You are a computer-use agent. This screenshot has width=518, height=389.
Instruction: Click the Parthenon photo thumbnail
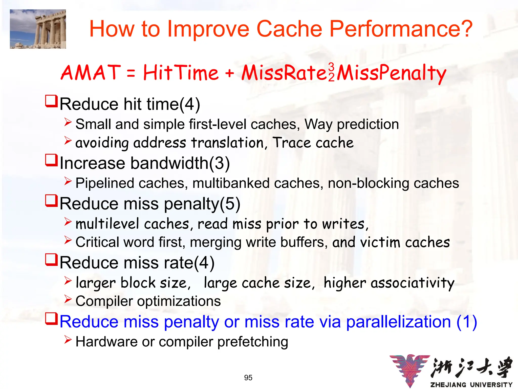point(38,29)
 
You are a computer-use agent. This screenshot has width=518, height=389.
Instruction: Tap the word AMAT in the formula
point(91,73)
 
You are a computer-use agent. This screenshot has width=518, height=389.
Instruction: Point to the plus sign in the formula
point(229,73)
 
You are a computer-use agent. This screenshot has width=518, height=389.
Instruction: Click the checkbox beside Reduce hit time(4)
point(51,101)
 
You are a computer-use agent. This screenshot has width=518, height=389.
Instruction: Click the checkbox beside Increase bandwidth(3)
point(51,160)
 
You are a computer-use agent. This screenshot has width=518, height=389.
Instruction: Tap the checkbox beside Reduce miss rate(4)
point(51,260)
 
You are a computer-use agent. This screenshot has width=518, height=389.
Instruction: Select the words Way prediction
point(352,124)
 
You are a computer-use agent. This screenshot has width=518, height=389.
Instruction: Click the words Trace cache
point(313,143)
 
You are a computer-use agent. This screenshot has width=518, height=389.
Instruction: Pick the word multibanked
point(231,183)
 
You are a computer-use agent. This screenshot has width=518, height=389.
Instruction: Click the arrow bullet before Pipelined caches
point(68,181)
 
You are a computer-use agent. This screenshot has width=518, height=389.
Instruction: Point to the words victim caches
point(405,242)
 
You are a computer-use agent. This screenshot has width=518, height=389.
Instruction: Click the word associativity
point(412,283)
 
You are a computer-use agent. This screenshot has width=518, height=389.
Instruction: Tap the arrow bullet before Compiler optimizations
point(68,299)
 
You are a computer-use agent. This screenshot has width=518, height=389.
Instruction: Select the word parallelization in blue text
point(398,322)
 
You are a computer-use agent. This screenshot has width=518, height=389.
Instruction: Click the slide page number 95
point(248,378)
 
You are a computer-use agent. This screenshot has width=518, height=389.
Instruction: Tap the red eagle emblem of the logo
point(410,370)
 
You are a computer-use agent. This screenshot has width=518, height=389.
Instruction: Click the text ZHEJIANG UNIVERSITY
point(471,385)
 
